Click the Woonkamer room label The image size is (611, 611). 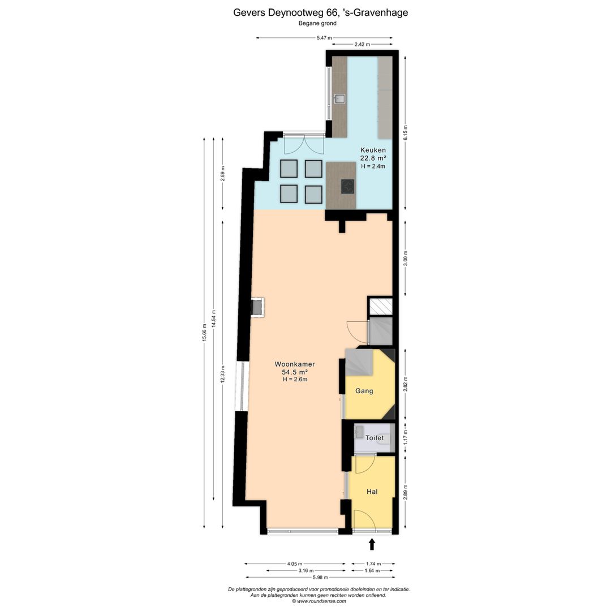295,364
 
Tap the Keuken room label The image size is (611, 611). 373,150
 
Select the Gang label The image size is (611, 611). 364,391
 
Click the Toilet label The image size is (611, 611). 375,437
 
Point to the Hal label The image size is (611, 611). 372,492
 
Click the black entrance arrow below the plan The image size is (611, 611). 372,544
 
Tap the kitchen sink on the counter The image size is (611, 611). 339,99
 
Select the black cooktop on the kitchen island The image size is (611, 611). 347,186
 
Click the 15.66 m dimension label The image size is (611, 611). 204,333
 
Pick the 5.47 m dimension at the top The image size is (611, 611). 324,38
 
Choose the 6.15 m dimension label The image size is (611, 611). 405,133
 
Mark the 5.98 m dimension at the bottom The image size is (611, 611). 320,577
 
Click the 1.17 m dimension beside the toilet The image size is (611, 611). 405,437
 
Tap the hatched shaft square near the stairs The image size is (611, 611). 381,306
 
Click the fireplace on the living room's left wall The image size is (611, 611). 257,307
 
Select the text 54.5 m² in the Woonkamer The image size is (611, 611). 295,372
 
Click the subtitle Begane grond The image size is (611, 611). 317,23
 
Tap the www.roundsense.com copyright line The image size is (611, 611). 319,601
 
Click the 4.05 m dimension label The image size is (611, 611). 295,563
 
